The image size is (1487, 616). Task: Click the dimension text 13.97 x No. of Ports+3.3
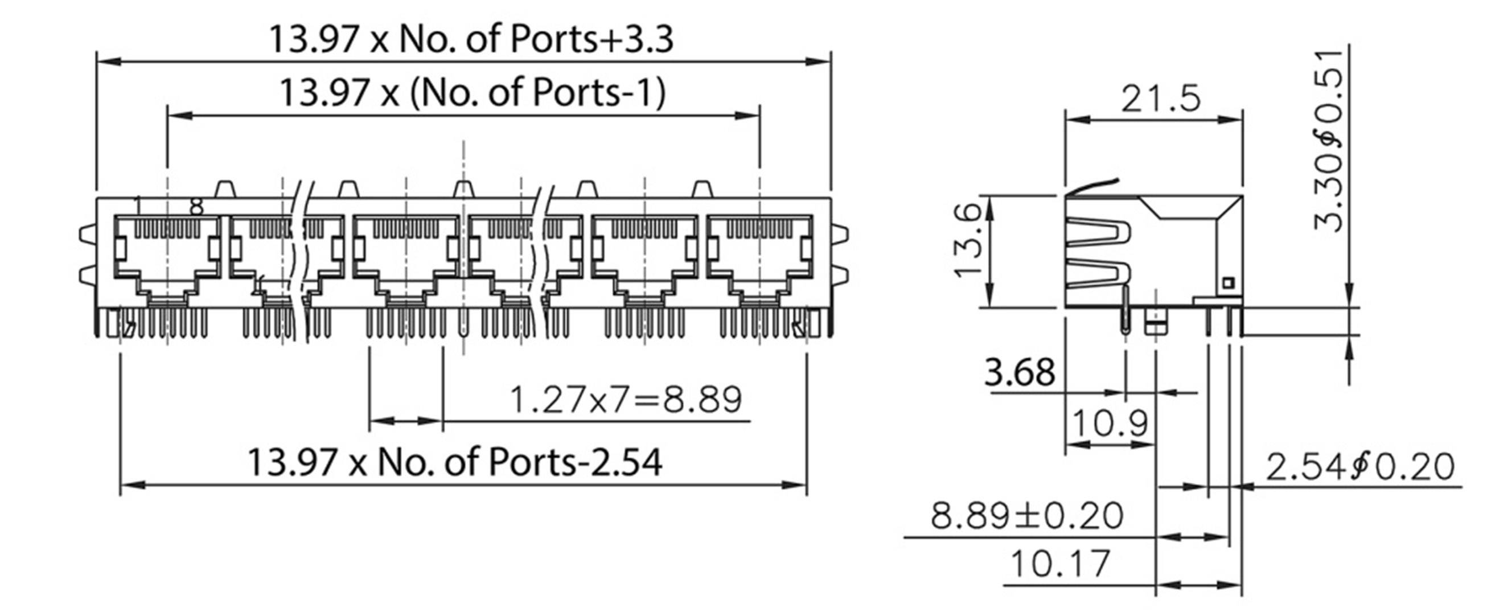471,39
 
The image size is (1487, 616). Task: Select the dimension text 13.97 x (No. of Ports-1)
472,92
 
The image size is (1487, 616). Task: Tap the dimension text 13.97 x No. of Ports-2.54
454,462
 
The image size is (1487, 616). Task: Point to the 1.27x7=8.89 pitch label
626,400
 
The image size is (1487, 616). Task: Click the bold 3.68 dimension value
1020,372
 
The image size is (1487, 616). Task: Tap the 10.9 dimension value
1110,424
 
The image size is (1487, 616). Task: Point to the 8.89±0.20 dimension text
1027,516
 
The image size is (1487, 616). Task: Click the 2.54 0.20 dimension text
1360,467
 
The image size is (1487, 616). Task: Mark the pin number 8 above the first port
197,207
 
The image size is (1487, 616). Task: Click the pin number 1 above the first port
137,204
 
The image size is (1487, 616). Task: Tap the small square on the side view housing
1227,283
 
